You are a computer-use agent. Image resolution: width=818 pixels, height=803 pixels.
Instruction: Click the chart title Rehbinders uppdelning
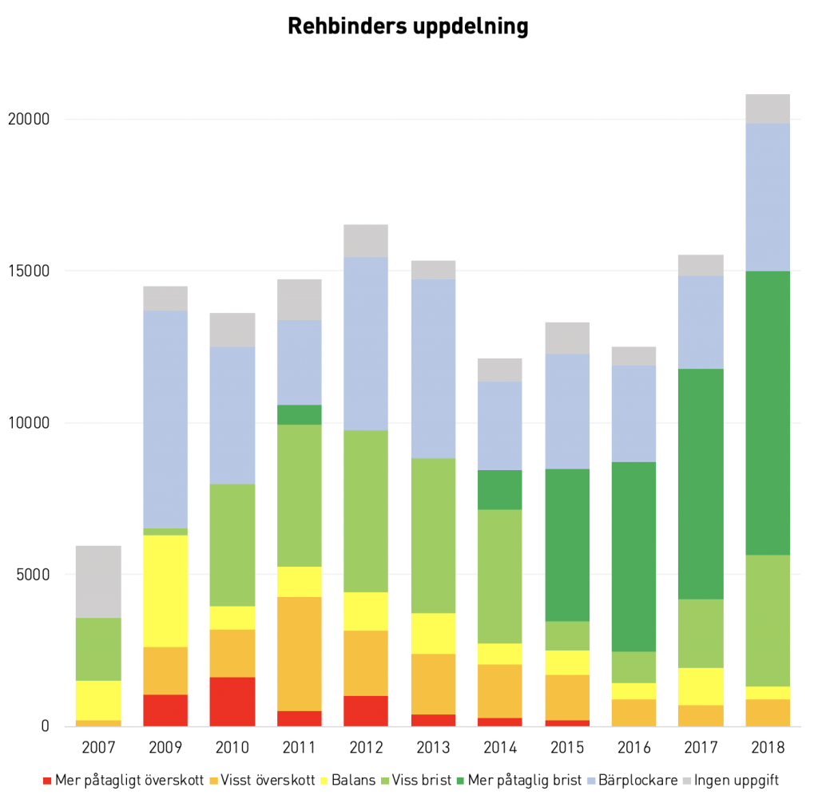(407, 26)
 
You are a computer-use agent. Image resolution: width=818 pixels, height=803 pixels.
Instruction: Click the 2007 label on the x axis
(98, 749)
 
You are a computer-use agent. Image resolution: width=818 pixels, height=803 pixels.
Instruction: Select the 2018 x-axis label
(767, 749)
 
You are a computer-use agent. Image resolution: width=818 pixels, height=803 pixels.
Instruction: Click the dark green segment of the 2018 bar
(767, 413)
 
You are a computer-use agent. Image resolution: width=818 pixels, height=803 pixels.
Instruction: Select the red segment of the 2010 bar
(232, 702)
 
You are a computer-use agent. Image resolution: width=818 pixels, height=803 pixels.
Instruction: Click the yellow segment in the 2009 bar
(165, 591)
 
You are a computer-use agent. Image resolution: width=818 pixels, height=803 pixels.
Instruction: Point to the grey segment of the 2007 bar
(98, 581)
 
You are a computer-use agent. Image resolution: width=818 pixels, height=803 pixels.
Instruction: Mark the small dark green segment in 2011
(299, 414)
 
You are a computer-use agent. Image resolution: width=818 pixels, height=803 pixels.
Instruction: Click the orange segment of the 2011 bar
(299, 654)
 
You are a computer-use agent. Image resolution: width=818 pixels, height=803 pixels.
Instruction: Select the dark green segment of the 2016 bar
(633, 556)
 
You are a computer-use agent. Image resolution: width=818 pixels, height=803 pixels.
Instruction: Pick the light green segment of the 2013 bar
(433, 536)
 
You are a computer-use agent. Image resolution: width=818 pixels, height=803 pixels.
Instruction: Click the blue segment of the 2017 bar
(701, 322)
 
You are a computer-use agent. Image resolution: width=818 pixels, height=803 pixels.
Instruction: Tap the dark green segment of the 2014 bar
(499, 489)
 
